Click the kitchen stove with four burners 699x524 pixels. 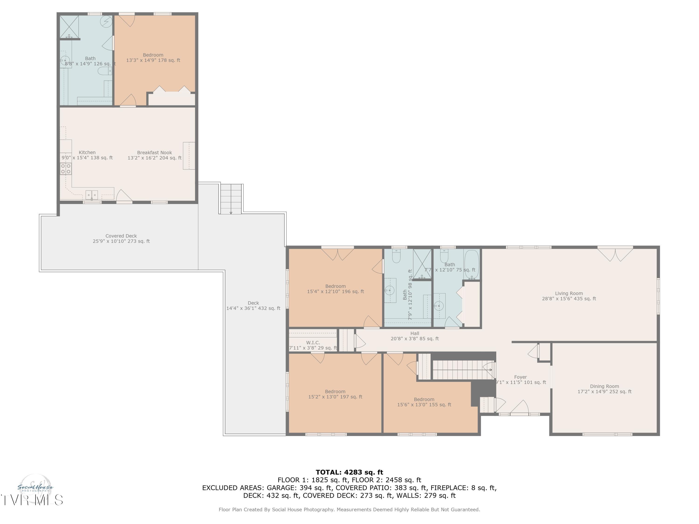[66, 169]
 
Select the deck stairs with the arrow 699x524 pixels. [231, 199]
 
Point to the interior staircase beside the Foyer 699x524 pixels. [461, 370]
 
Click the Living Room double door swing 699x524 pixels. [615, 255]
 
